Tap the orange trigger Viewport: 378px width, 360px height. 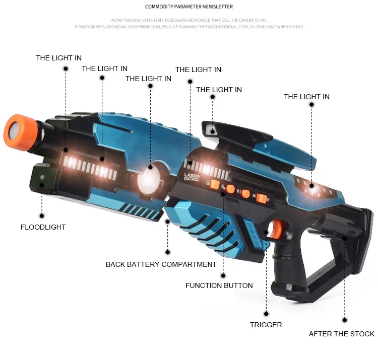[275, 230]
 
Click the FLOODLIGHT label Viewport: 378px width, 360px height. [43, 227]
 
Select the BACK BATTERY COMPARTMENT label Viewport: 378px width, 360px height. [161, 264]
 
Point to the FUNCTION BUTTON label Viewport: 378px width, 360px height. [219, 285]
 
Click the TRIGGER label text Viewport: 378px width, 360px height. [266, 325]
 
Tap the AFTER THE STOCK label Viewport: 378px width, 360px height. [341, 334]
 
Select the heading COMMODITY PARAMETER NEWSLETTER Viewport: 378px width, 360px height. [189, 7]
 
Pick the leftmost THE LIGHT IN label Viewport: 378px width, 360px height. [58, 58]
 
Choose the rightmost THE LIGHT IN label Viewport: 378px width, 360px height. [306, 97]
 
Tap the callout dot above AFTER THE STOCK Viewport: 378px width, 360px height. [345, 320]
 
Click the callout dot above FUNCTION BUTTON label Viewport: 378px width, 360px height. [222, 275]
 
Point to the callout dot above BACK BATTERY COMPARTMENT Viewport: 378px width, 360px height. [167, 252]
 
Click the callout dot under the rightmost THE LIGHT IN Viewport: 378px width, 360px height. [311, 105]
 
